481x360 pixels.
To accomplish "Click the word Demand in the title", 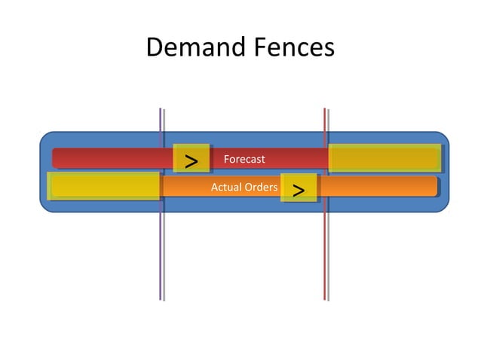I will coord(191,47).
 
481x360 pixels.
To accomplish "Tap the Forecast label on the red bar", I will coord(244,159).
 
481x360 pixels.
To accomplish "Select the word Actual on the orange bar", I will coord(225,187).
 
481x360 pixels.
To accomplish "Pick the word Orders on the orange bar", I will coord(260,187).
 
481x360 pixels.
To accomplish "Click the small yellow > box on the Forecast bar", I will coord(191,159).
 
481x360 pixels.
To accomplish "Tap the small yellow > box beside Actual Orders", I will coord(299,188).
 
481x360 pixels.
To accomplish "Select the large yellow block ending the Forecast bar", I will coord(384,158).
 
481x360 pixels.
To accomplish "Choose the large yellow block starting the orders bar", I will coord(104,186).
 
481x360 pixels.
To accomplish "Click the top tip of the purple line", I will coord(161,110).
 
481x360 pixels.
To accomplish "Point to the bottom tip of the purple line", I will coord(161,298).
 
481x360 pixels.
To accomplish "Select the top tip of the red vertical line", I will coord(325,110).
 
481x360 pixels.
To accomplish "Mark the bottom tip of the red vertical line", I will coord(325,298).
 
